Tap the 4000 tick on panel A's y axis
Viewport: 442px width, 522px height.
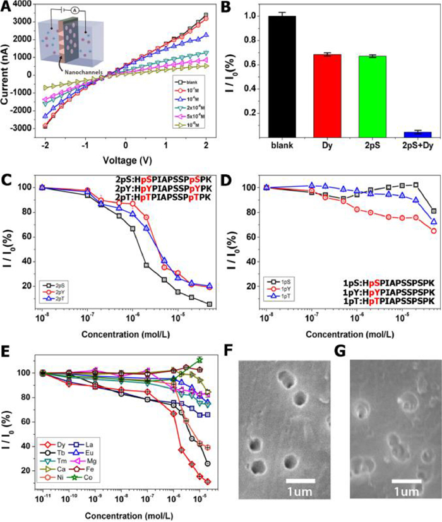tap(20, 4)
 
